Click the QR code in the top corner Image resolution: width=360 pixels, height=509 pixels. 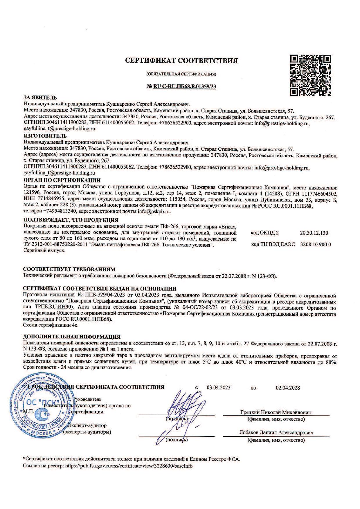[311, 75]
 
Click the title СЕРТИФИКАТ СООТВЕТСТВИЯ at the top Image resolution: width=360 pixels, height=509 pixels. [181, 61]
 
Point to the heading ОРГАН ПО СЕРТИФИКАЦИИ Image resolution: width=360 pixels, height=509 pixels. [62, 180]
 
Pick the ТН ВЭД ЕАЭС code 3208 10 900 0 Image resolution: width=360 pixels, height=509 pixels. [315, 244]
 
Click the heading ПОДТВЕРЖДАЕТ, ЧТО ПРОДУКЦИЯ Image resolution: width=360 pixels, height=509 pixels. [71, 220]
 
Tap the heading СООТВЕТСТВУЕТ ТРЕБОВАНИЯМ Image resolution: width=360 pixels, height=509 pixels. [69, 269]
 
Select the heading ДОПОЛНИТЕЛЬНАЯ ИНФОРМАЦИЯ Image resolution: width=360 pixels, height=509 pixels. [71, 337]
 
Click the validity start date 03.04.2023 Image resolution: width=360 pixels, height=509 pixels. [218, 387]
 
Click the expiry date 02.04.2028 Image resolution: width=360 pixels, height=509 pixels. [288, 387]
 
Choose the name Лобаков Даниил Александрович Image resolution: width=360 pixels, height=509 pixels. [276, 432]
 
